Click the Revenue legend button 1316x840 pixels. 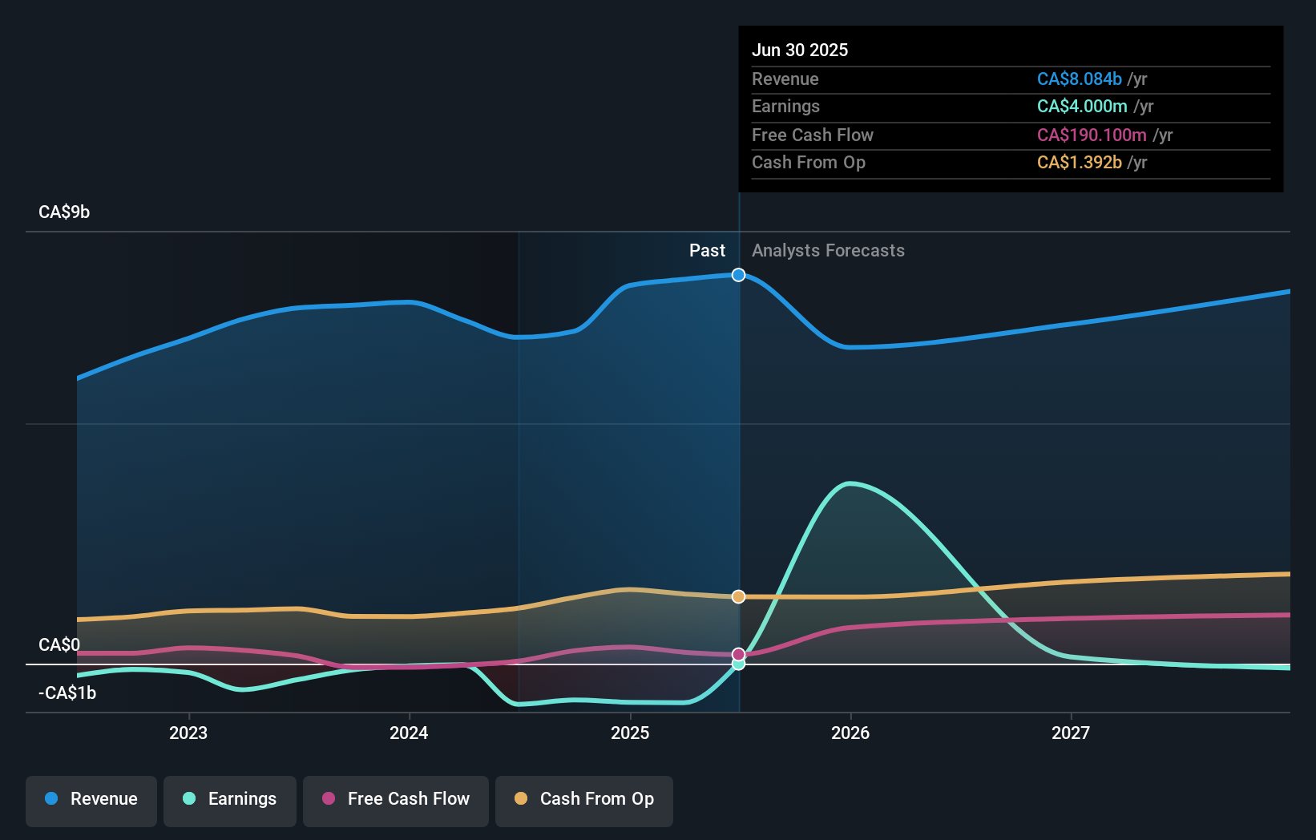pos(91,799)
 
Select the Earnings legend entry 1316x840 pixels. pos(230,799)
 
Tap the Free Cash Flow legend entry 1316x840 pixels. pos(396,799)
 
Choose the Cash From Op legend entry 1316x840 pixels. pos(584,799)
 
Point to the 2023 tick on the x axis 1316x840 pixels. pos(188,733)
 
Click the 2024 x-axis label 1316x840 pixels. pos(409,733)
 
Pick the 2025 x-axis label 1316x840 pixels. pos(630,733)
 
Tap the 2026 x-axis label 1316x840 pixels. pos(850,733)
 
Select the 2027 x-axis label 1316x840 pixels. pos(1071,733)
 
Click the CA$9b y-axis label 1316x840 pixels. pos(64,212)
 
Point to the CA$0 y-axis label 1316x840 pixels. pos(59,645)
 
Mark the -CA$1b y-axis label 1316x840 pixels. pos(67,693)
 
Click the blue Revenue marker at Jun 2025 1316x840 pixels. pos(739,275)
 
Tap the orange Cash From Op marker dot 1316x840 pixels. pos(739,596)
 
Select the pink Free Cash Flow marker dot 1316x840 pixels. pos(739,654)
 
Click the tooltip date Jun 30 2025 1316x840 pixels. pos(800,50)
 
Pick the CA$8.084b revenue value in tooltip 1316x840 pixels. pos(1079,79)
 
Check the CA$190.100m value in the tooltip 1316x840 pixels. pos(1092,135)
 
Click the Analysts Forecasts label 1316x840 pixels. pos(828,251)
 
